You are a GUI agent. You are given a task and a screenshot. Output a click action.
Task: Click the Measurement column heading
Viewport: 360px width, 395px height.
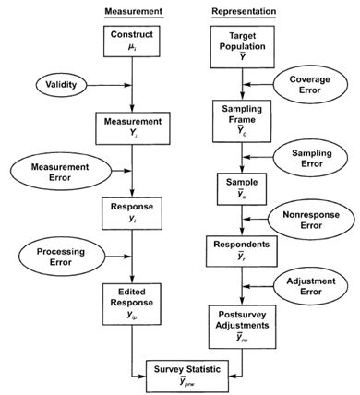click(x=133, y=11)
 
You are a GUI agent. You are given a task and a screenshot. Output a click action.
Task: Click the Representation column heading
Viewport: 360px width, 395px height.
click(x=244, y=11)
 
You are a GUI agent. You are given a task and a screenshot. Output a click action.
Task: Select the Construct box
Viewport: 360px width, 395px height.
click(x=133, y=41)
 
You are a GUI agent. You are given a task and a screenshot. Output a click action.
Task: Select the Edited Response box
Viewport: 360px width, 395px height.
click(x=133, y=303)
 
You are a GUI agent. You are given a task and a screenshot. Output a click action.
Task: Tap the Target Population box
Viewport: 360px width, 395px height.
click(x=244, y=45)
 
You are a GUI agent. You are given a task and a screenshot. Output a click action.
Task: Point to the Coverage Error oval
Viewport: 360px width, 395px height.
click(x=315, y=85)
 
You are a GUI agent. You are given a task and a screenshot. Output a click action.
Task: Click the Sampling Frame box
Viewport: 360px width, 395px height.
click(x=244, y=126)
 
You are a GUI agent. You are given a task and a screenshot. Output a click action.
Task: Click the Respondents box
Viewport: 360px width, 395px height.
click(x=244, y=251)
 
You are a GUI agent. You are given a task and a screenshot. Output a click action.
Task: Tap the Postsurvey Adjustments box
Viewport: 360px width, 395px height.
click(x=244, y=323)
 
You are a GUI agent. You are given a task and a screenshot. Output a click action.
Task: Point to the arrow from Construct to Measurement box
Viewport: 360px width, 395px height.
click(x=133, y=85)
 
